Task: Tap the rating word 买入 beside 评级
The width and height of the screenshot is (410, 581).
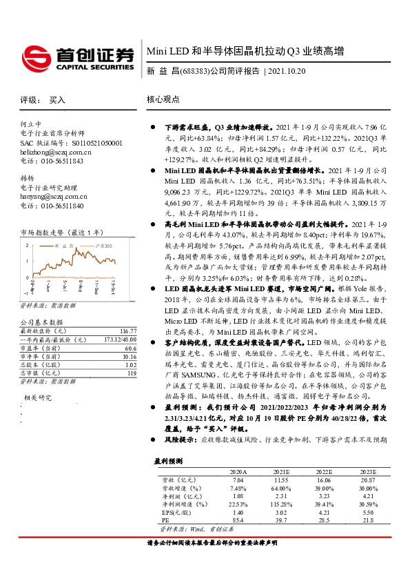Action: (57, 100)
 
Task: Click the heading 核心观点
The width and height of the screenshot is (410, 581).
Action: (163, 99)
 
